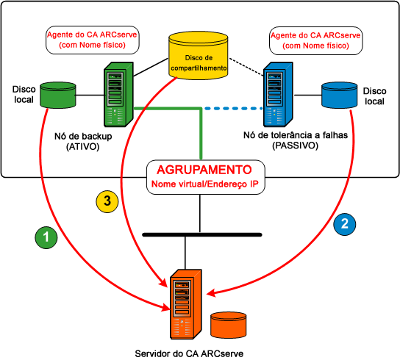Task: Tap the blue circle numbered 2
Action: pos(346,222)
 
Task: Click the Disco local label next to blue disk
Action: pos(375,96)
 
